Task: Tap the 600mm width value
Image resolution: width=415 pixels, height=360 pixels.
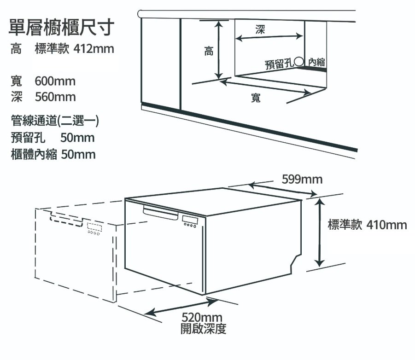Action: click(55, 82)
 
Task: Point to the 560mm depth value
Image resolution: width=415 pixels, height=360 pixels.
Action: click(55, 97)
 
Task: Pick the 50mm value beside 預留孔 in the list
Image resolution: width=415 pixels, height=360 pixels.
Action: click(77, 138)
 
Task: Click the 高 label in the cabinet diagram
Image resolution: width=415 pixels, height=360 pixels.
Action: click(209, 52)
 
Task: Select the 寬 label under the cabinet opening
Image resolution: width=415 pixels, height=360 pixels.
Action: click(256, 98)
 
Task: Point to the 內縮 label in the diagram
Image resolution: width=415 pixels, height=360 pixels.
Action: click(316, 62)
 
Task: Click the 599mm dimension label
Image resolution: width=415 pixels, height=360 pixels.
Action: click(302, 179)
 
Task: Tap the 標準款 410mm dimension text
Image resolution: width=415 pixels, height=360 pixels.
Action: click(367, 225)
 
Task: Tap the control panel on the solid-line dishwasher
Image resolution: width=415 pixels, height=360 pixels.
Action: click(190, 221)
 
